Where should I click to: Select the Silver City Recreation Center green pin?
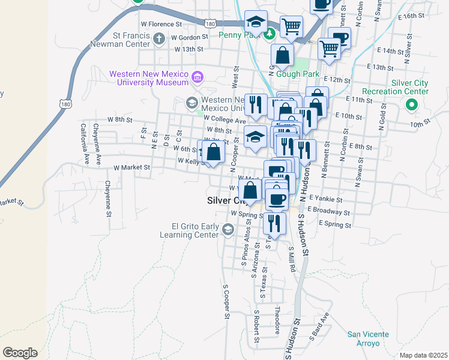412,106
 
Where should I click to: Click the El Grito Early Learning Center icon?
228,230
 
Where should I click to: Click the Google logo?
20,352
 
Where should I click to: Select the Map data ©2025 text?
423,355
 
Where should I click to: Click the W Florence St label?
161,25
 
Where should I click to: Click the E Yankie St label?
325,199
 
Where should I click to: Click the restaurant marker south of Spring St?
274,223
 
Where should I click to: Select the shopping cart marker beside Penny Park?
291,26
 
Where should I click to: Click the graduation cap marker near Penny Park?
256,22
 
